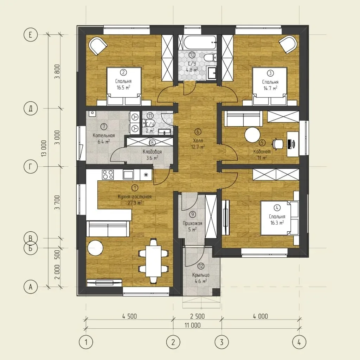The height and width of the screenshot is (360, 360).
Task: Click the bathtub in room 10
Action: coord(197,42)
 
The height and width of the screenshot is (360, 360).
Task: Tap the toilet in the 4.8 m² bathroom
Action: coord(210,58)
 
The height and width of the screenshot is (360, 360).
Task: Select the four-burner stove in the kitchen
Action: coord(108,174)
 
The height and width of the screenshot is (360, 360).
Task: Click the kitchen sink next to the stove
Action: coord(128,174)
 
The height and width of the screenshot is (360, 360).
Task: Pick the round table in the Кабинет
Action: coord(252,135)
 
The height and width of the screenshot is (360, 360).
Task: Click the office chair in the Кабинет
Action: coord(278,144)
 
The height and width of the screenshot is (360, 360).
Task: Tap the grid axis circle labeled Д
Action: coord(31,108)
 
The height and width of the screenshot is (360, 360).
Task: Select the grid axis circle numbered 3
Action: coord(221,342)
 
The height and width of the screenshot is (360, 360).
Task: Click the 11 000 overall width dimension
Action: coord(193,325)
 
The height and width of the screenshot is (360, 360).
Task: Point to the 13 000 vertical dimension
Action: coord(44,148)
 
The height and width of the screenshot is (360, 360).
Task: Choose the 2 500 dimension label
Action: coord(198,316)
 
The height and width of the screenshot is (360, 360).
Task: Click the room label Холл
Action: coord(198,141)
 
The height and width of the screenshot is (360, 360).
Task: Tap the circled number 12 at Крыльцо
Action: coord(201,266)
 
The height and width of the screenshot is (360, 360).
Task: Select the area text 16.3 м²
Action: coord(277,223)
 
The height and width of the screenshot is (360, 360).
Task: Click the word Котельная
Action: coord(104,135)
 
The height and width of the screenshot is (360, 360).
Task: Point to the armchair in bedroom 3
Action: coord(288,44)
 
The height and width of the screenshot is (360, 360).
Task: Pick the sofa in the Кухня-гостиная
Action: coord(108,229)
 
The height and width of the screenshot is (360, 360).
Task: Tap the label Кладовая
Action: coord(152,152)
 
